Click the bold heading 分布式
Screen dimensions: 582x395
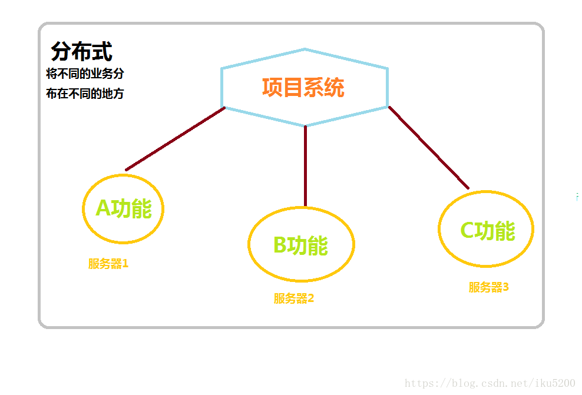[82, 51]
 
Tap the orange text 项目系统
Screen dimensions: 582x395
[303, 88]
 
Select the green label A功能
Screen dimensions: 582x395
[124, 208]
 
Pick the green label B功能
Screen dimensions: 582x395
[300, 245]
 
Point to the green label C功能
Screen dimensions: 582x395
[488, 231]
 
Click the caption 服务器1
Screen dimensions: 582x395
[108, 264]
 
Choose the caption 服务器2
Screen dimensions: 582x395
[294, 298]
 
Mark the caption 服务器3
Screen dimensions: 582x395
[488, 287]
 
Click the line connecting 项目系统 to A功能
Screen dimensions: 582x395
[175, 139]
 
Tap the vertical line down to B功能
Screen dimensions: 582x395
[305, 166]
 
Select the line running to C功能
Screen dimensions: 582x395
[429, 148]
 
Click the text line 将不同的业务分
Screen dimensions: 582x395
[85, 74]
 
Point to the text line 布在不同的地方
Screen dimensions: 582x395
[85, 94]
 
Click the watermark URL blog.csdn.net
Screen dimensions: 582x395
[490, 383]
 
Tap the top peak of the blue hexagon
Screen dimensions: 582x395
[305, 49]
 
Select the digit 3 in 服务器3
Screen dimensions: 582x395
[505, 287]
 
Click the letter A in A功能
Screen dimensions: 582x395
[103, 208]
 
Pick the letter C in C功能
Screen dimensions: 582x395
[467, 230]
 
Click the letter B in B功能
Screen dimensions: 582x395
[280, 245]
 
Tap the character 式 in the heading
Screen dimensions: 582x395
[102, 51]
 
